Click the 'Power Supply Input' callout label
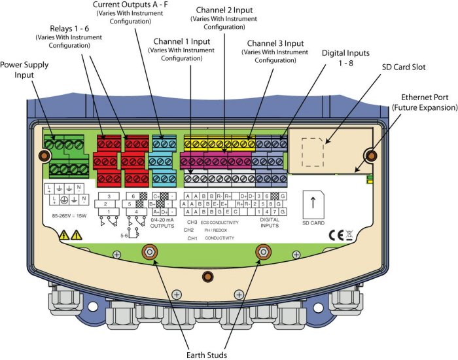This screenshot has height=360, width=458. coord(26,69)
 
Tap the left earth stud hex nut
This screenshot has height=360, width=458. coord(149,251)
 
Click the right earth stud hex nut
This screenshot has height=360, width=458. coord(264,251)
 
